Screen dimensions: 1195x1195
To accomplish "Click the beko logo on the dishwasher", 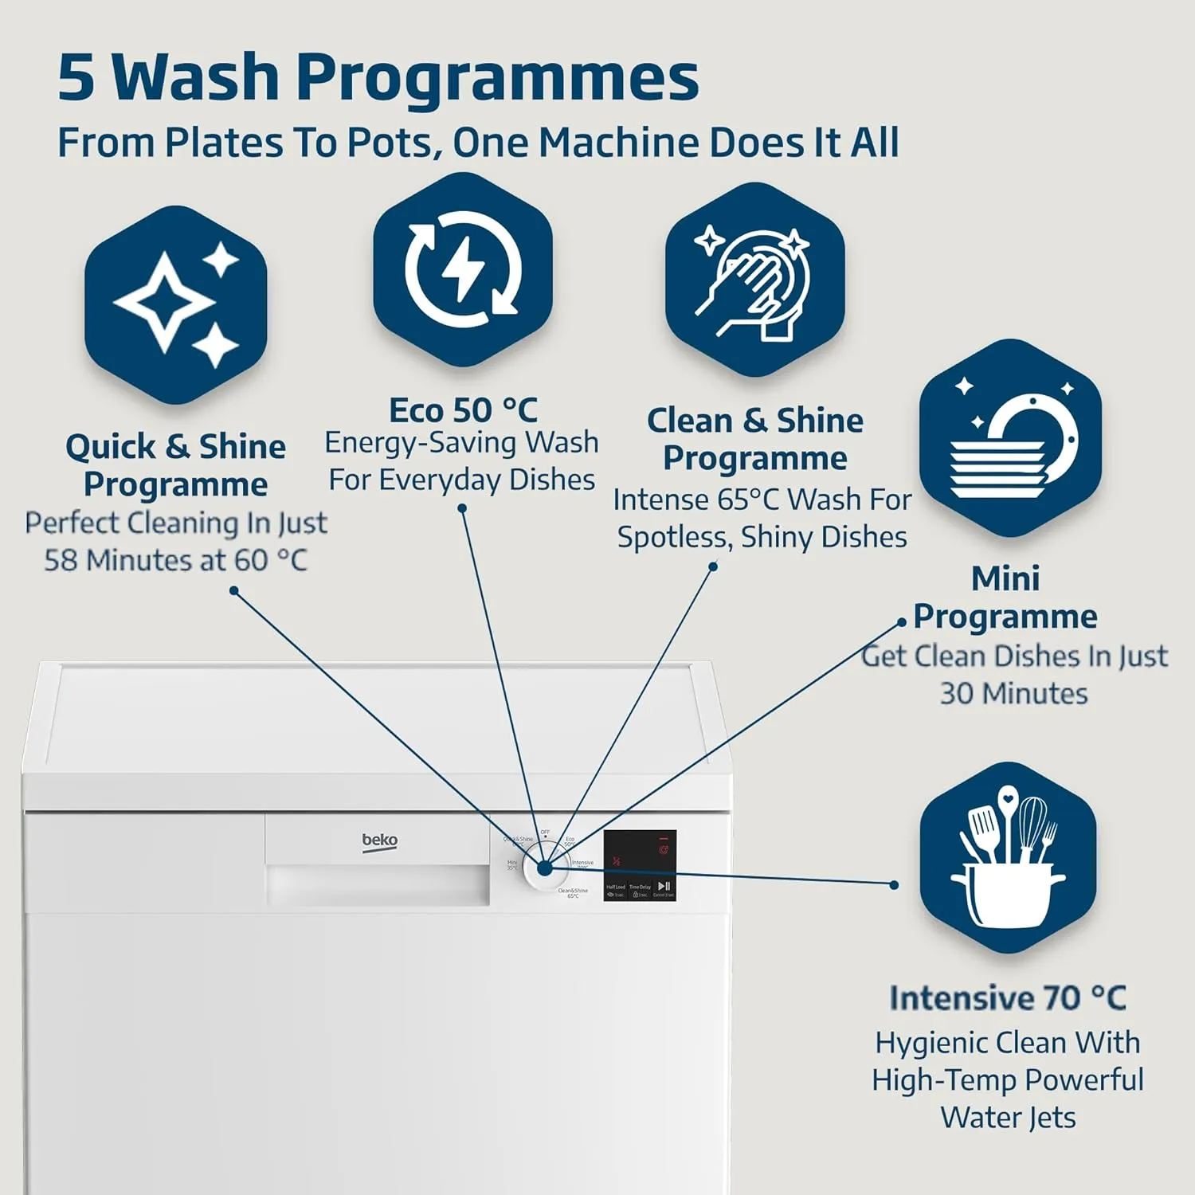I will [379, 841].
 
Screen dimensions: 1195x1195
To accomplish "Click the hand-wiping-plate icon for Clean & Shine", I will [754, 281].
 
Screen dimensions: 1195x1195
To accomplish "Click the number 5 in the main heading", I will [77, 77].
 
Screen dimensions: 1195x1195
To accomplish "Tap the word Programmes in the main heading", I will [498, 77].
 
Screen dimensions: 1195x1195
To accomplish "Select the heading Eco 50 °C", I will [463, 411].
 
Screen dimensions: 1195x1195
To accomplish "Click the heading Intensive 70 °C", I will [1008, 998].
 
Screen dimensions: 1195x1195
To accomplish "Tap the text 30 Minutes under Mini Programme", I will [1013, 694].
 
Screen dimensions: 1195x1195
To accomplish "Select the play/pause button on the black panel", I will [664, 886].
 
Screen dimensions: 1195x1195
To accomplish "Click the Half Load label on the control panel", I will [615, 887].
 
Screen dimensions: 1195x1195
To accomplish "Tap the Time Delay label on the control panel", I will [640, 887].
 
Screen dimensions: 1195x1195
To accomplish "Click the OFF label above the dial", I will [545, 833].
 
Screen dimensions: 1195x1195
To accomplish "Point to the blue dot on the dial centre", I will [545, 868].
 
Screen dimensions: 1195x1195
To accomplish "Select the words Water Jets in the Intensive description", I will [1008, 1118].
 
